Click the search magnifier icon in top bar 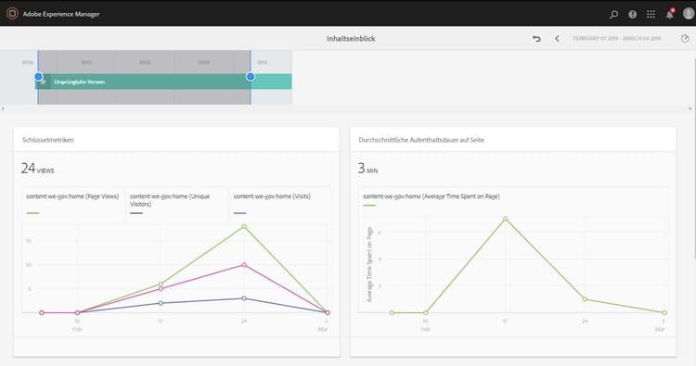coord(613,14)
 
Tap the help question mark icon coord(632,14)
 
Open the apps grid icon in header coord(651,14)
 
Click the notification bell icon coord(669,14)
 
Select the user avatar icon coord(688,14)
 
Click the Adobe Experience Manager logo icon coord(11,14)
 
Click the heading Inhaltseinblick coord(351,38)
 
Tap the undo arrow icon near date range coord(536,38)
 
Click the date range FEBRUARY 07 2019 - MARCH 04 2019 coord(616,38)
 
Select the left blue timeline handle coord(38,76)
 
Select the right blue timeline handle coord(251,76)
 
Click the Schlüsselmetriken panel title coord(49,139)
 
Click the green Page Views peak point coord(244,226)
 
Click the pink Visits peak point coord(244,265)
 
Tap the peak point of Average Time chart coord(505,219)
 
